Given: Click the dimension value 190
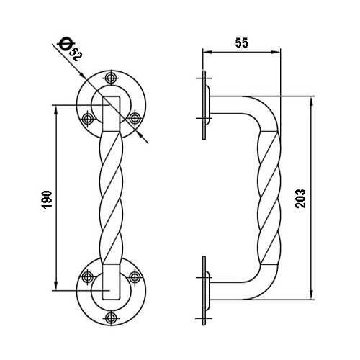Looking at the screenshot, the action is click(48, 199).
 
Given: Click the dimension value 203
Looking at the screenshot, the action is click(301, 199).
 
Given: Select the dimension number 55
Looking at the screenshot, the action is click(241, 43).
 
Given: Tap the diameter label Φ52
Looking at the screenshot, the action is click(70, 49).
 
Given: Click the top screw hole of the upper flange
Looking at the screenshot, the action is click(111, 78).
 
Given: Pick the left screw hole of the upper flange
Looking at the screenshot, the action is click(88, 118).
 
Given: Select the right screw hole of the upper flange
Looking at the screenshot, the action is click(135, 118).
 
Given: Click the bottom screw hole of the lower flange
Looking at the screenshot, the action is click(111, 318).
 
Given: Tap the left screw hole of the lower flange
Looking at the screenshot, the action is click(88, 277).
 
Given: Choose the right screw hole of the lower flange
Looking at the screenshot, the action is click(135, 277).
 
